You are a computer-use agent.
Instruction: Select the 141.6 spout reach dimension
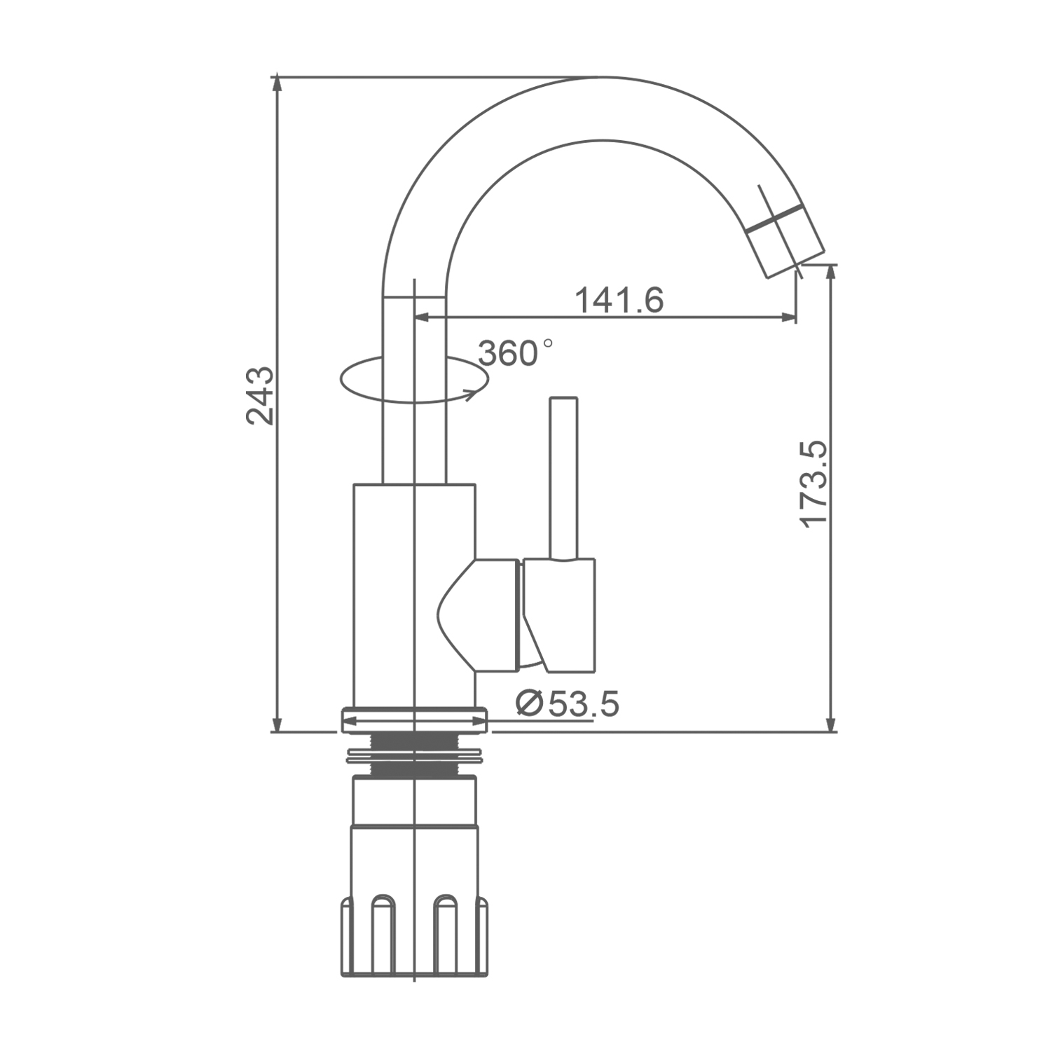click(x=619, y=301)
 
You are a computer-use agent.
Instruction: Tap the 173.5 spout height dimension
click(x=814, y=484)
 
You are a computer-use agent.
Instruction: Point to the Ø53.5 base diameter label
click(x=567, y=703)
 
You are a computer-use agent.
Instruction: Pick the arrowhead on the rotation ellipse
click(x=473, y=393)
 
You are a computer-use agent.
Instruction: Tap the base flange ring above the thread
click(x=413, y=721)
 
